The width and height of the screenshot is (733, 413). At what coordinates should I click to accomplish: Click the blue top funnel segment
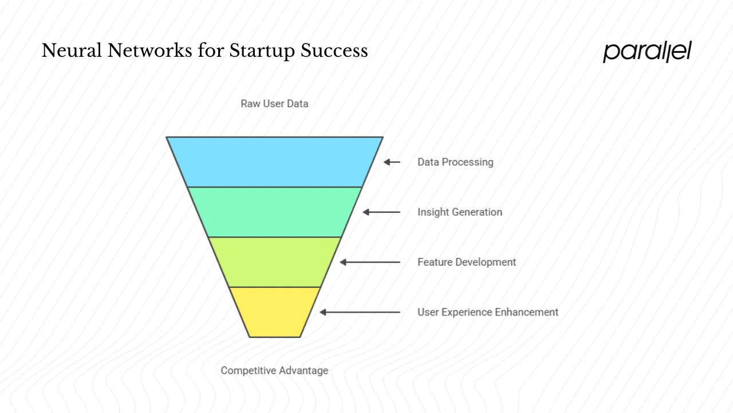coord(274,162)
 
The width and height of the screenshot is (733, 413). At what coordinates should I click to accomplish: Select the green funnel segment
coord(274,212)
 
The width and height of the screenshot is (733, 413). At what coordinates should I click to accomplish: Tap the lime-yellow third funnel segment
coord(274,262)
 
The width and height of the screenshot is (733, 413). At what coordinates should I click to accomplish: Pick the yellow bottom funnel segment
coord(274,311)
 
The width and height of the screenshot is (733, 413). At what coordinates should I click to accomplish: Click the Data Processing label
coord(455,162)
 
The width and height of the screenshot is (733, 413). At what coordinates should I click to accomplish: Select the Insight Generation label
coord(459,212)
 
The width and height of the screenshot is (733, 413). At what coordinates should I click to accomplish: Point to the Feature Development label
coord(467,262)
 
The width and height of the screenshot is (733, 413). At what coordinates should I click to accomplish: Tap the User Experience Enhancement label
coord(487,312)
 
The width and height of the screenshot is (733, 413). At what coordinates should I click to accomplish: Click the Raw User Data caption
coord(274,104)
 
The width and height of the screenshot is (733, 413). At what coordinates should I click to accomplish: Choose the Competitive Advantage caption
coord(274,371)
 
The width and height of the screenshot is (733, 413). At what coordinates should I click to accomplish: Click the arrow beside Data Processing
coord(392,162)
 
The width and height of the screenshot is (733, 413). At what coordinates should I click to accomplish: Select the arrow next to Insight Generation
coord(381,212)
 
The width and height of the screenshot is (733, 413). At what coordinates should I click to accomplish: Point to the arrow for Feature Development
coord(370,262)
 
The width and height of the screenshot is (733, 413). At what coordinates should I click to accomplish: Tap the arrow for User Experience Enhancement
coord(360,312)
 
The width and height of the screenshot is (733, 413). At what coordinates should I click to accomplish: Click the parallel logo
coord(647,51)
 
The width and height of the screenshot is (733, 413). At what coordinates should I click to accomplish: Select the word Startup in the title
coord(263,51)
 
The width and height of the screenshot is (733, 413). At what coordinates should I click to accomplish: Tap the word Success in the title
coord(334,51)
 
